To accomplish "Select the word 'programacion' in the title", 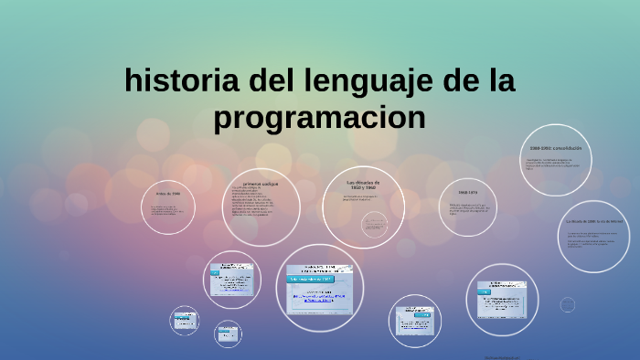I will (320, 118).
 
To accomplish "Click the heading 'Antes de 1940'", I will (168, 194).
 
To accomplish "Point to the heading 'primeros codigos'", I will (261, 183).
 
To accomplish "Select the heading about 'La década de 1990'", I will (595, 221).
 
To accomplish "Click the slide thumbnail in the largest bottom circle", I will (320, 289).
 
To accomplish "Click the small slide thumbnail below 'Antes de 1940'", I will (185, 321).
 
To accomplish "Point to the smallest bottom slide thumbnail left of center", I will (228, 334).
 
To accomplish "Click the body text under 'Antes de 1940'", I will (168, 212).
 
